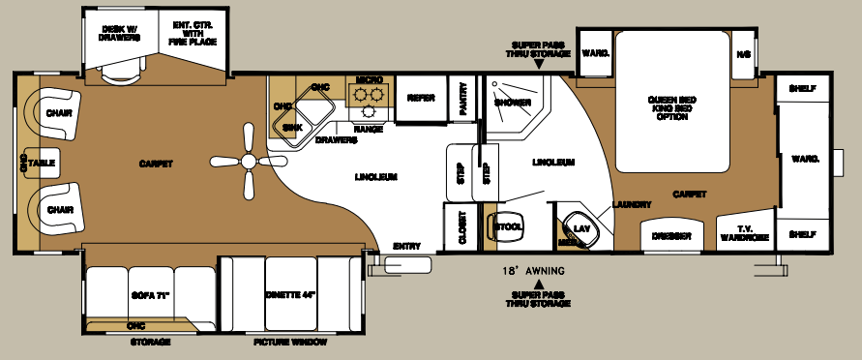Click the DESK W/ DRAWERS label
point(121,34)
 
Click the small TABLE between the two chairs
point(41,164)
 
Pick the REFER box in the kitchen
point(420,98)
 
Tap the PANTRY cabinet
point(463,98)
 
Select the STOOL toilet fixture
point(508,226)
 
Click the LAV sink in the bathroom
point(580,228)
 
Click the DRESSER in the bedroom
point(670,235)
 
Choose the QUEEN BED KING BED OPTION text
point(671,104)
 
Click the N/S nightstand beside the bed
point(743,53)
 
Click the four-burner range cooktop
point(367,97)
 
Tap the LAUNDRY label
point(631,204)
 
